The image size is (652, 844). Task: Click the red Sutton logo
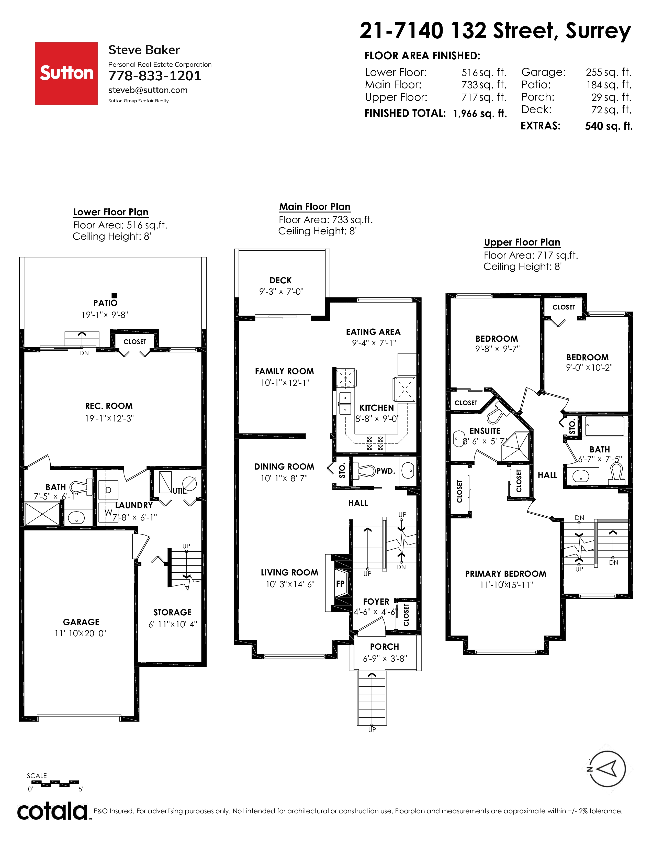pyautogui.click(x=66, y=73)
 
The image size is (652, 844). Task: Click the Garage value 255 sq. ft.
pyautogui.click(x=608, y=72)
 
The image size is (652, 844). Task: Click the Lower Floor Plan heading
pyautogui.click(x=111, y=212)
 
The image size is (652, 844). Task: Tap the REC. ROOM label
pyautogui.click(x=109, y=406)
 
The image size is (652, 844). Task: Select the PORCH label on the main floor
pyautogui.click(x=384, y=647)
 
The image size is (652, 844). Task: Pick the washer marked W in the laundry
pyautogui.click(x=108, y=513)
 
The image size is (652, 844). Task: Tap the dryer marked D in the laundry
pyautogui.click(x=108, y=490)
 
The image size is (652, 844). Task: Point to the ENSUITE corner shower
pyautogui.click(x=515, y=447)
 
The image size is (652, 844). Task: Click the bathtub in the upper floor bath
pyautogui.click(x=604, y=426)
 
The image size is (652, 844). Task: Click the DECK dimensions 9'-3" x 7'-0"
pyautogui.click(x=281, y=292)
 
